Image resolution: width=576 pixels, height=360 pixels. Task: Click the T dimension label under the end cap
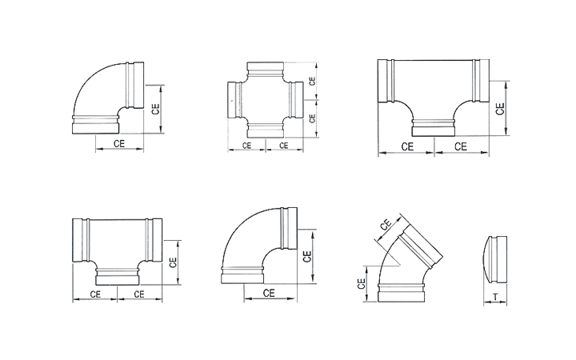point(495,297)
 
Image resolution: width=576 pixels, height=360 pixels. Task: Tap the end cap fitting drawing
point(496,260)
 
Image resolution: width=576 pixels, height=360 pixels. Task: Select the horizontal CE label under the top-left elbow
point(119,143)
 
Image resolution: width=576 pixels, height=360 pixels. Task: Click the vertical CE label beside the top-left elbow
point(156,109)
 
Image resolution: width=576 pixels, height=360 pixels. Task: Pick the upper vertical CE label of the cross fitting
point(312,81)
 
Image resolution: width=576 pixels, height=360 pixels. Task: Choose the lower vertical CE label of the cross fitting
point(312,118)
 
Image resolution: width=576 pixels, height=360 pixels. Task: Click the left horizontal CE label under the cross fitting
point(247,146)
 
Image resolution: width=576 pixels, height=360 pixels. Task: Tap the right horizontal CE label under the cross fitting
point(283,146)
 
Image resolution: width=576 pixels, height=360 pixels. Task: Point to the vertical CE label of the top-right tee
point(500,109)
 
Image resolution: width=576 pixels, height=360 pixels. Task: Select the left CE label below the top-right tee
point(407,146)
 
